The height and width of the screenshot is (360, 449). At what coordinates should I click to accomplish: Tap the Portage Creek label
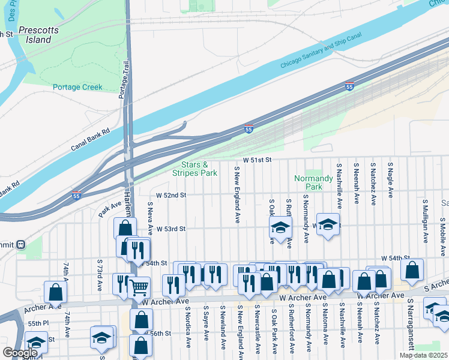[77, 87]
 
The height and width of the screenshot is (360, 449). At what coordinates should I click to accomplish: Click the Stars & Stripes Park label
[194, 169]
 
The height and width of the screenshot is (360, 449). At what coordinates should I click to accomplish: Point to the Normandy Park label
[313, 182]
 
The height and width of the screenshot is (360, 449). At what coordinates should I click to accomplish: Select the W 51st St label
[258, 160]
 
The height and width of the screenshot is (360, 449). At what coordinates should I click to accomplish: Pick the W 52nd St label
[171, 195]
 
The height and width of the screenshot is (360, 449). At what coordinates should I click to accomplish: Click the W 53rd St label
[171, 229]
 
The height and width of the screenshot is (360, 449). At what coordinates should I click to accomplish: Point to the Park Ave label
[110, 210]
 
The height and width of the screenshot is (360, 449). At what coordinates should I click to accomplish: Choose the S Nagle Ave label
[390, 179]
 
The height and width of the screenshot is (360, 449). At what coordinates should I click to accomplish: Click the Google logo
[20, 353]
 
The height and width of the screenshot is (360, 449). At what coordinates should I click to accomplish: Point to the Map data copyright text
[423, 355]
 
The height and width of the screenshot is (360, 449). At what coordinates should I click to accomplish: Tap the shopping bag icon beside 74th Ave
[55, 292]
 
